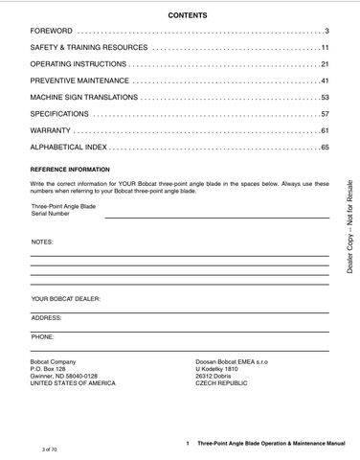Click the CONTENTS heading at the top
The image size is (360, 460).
click(180, 16)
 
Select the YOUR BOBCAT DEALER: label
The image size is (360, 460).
click(66, 298)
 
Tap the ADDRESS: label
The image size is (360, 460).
click(47, 317)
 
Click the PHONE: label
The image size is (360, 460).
click(43, 336)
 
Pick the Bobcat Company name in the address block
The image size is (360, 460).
click(56, 361)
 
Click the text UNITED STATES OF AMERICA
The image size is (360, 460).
click(73, 382)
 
